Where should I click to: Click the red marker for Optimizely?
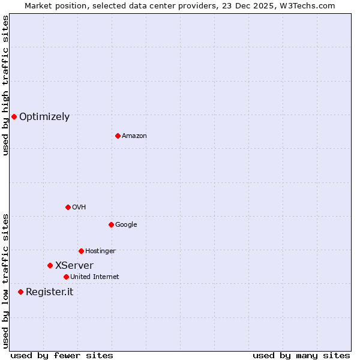tap(14, 116)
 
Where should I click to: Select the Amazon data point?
tap(118, 136)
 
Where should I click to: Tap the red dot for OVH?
tap(68, 207)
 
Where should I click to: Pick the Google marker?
tap(111, 224)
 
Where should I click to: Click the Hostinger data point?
tap(81, 251)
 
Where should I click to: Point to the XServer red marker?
tap(50, 265)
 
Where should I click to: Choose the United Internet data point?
tap(66, 277)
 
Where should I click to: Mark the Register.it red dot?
tap(20, 292)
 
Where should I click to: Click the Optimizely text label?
tap(44, 117)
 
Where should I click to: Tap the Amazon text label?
tap(134, 136)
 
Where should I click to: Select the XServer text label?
tap(74, 266)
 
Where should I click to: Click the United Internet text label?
tap(95, 277)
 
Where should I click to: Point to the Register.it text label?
tap(50, 292)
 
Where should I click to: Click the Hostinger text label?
tap(100, 251)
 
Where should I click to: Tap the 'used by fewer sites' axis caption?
tap(62, 356)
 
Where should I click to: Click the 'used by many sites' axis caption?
tap(301, 356)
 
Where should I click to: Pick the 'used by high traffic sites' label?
tap(5, 85)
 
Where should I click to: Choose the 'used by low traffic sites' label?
tap(5, 281)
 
